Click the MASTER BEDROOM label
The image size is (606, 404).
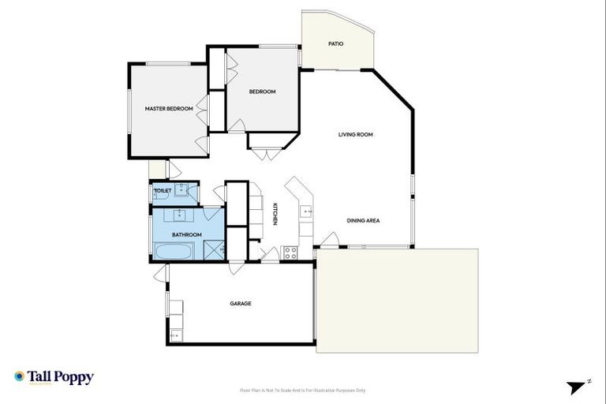pyautogui.click(x=168, y=108)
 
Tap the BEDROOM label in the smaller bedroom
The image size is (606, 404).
pyautogui.click(x=262, y=92)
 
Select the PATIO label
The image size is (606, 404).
pyautogui.click(x=335, y=43)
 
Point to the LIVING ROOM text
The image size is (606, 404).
pyautogui.click(x=355, y=134)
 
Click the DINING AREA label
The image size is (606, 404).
pyautogui.click(x=363, y=221)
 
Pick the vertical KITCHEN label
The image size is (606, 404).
pyautogui.click(x=275, y=215)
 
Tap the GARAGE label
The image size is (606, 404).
pyautogui.click(x=241, y=303)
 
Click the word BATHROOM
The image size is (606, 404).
pyautogui.click(x=187, y=234)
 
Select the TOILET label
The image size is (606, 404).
pyautogui.click(x=163, y=190)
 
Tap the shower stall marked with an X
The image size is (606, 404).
pyautogui.click(x=213, y=251)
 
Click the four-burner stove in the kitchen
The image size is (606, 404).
pyautogui.click(x=290, y=253)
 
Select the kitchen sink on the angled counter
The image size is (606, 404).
pyautogui.click(x=307, y=211)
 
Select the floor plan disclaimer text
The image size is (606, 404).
pyautogui.click(x=302, y=390)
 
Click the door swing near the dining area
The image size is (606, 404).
pyautogui.click(x=330, y=240)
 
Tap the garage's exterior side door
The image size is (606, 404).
pyautogui.click(x=162, y=273)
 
